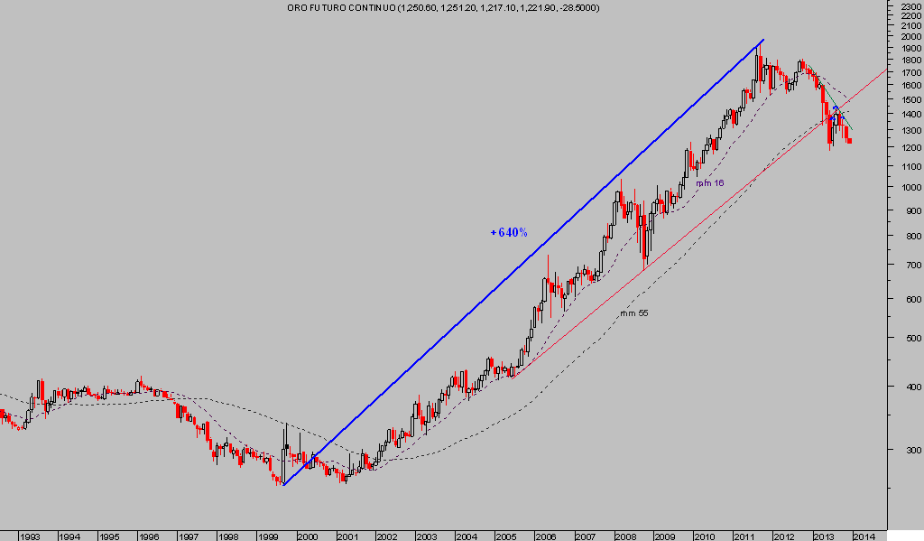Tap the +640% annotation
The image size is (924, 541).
(509, 232)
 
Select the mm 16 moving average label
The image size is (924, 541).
(709, 183)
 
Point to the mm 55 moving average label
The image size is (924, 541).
(633, 313)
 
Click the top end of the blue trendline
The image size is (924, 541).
(763, 40)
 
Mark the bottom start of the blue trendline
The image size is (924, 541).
(283, 485)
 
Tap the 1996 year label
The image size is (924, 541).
(149, 536)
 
